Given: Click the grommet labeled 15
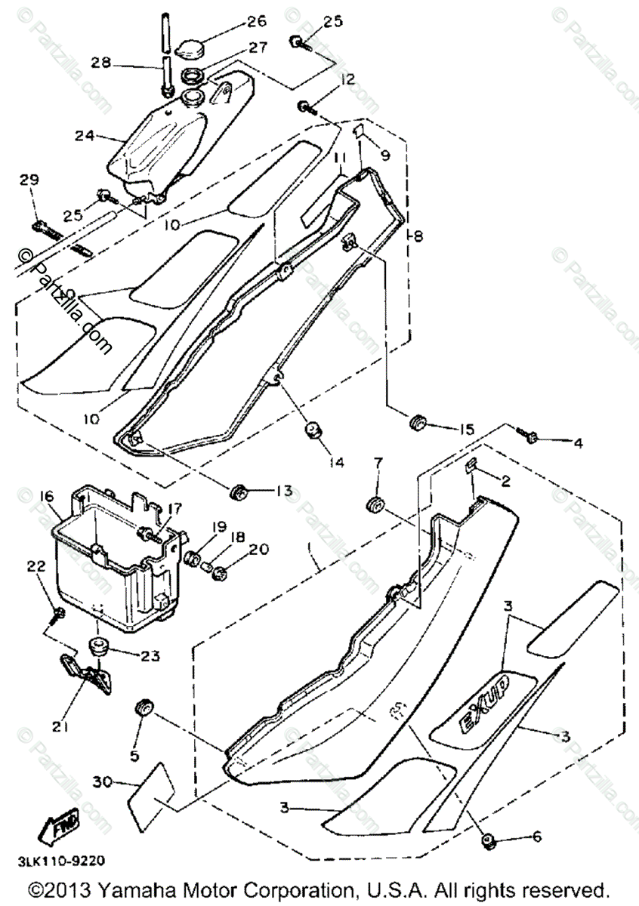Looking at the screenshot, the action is tap(417, 424).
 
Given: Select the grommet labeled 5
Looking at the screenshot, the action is tap(142, 708).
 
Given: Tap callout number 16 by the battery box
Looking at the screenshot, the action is tap(46, 495).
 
